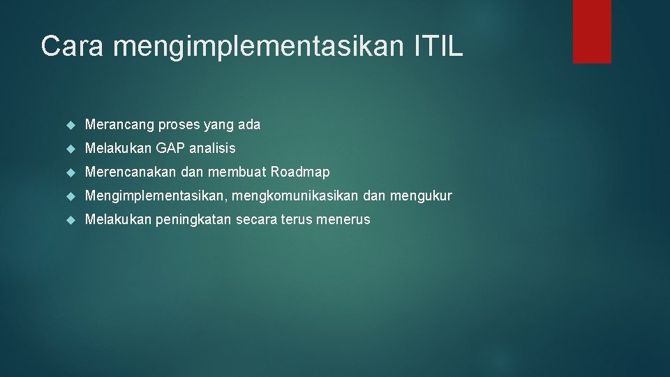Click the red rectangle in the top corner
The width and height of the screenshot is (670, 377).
pyautogui.click(x=592, y=31)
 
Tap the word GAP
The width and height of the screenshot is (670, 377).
pyautogui.click(x=170, y=148)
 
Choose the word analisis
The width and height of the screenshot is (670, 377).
pyautogui.click(x=212, y=148)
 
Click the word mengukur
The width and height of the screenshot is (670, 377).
pyautogui.click(x=421, y=196)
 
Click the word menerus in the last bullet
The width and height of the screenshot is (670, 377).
pyautogui.click(x=343, y=220)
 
